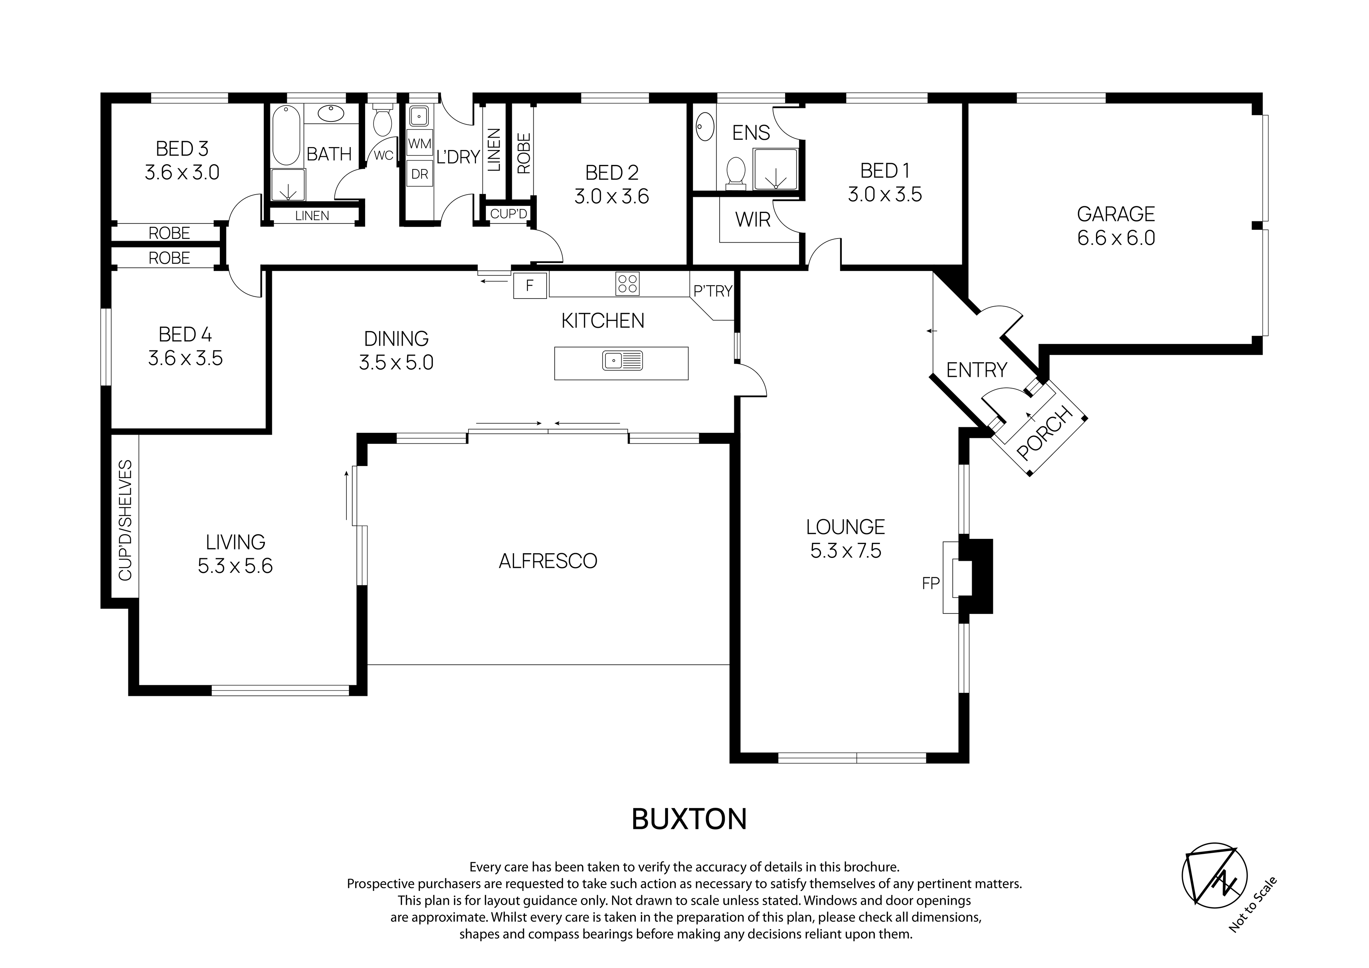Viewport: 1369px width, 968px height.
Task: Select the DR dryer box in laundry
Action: click(420, 174)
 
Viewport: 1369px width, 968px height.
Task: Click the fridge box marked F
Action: click(529, 285)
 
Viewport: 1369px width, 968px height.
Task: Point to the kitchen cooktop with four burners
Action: click(627, 284)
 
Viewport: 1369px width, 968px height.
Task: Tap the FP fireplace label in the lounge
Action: click(931, 584)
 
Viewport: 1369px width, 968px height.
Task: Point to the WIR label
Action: click(753, 220)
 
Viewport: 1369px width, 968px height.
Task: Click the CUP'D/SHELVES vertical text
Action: click(125, 520)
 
